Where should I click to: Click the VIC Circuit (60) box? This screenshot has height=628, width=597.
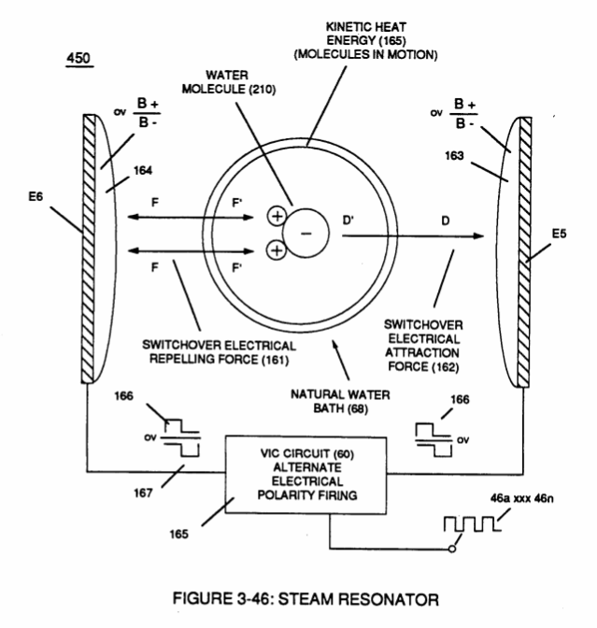pyautogui.click(x=306, y=475)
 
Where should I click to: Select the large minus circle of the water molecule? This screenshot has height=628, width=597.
pyautogui.click(x=306, y=233)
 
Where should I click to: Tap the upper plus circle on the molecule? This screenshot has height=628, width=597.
pyautogui.click(x=277, y=216)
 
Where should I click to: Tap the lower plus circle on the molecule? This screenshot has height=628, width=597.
pyautogui.click(x=277, y=250)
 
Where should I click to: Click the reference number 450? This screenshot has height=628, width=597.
pyautogui.click(x=78, y=59)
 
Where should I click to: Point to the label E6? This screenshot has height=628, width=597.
pyautogui.click(x=36, y=196)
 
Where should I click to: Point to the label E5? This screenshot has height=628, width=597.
pyautogui.click(x=559, y=234)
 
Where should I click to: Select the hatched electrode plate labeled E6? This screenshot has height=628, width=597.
pyautogui.click(x=90, y=249)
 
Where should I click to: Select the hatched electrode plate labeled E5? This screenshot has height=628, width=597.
pyautogui.click(x=524, y=252)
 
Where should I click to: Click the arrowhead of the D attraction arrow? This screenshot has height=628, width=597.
pyautogui.click(x=479, y=235)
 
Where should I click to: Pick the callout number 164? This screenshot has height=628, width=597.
pyautogui.click(x=143, y=171)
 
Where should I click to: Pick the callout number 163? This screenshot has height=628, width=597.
pyautogui.click(x=454, y=155)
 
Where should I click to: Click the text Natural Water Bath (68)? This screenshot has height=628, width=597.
pyautogui.click(x=340, y=402)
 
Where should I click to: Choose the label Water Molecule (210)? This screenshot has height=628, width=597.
pyautogui.click(x=229, y=82)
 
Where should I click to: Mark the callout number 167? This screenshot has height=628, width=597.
pyautogui.click(x=143, y=493)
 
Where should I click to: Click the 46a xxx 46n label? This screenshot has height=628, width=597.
pyautogui.click(x=522, y=499)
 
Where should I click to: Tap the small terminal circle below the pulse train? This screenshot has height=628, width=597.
pyautogui.click(x=452, y=549)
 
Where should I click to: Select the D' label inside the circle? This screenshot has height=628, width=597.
pyautogui.click(x=348, y=221)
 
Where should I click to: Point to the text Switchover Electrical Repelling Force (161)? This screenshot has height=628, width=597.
pyautogui.click(x=219, y=352)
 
